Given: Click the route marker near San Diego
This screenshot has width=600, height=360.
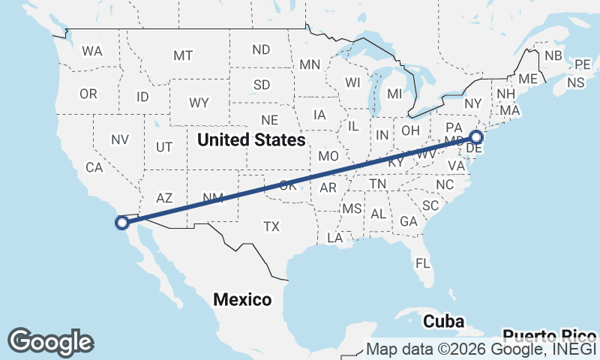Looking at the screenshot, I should [x=122, y=222].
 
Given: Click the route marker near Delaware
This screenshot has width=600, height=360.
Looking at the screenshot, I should [x=475, y=137].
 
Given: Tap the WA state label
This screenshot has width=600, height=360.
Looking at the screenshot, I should [x=92, y=52].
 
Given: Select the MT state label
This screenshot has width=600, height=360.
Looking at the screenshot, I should [x=183, y=55].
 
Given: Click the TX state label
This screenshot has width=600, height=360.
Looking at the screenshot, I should [x=271, y=226].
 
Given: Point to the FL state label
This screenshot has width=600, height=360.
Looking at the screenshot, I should [x=423, y=263].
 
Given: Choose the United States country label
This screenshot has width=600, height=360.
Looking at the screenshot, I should [x=250, y=140].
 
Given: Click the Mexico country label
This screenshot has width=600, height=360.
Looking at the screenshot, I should [x=241, y=300].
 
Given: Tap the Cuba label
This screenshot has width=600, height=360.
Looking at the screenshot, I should [x=439, y=322].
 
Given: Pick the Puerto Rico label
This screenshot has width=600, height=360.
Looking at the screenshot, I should [x=550, y=335].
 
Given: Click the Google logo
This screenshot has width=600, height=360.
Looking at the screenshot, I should [x=50, y=341].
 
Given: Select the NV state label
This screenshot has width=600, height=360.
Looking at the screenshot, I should [x=119, y=139].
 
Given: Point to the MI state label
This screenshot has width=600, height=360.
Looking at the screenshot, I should [x=395, y=94].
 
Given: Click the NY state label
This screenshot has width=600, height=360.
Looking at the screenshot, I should [x=472, y=103].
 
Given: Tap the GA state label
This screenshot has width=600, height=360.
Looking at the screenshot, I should [x=409, y=221].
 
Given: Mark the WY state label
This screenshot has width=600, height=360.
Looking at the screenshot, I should [x=199, y=103].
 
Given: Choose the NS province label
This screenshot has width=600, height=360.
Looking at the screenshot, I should [x=576, y=82].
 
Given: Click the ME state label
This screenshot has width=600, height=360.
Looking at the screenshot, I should [x=528, y=79].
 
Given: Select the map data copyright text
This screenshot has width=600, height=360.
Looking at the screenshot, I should [x=481, y=349].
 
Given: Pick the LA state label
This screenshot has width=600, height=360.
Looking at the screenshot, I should [x=334, y=238].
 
